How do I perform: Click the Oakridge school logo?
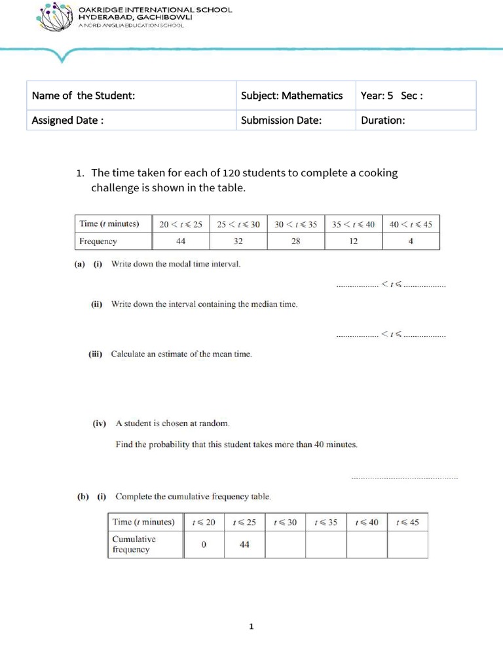tap(54, 18)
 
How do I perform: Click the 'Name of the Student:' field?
tap(84, 96)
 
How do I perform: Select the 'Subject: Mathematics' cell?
tap(291, 96)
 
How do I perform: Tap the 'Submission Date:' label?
tap(281, 120)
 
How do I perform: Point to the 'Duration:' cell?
tap(383, 120)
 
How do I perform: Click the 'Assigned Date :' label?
tap(68, 120)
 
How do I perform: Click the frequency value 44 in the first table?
tap(181, 241)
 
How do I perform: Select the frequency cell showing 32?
tap(238, 241)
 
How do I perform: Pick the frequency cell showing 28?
tap(296, 241)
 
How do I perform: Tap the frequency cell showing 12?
tap(353, 241)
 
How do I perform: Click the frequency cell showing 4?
tap(411, 241)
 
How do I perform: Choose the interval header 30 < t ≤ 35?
tap(296, 224)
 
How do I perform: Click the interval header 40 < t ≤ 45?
tap(411, 224)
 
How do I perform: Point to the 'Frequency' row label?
tap(98, 241)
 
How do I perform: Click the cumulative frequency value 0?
tap(204, 545)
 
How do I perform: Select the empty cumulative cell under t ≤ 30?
tap(285, 545)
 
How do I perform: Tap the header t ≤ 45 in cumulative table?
tap(407, 522)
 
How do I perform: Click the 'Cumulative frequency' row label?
tap(134, 544)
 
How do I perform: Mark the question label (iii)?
tap(96, 355)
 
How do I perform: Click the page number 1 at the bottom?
tap(251, 627)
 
